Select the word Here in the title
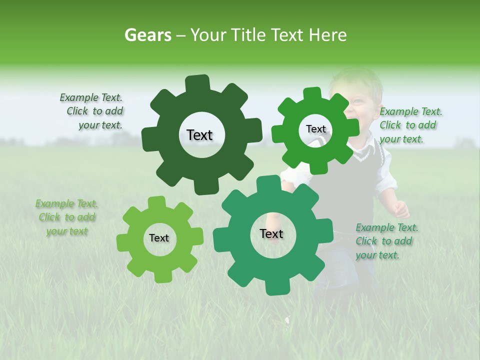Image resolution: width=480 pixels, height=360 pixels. tap(328, 35)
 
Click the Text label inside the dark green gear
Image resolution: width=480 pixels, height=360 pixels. tap(199, 135)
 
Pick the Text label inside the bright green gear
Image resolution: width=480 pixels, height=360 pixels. tap(315, 129)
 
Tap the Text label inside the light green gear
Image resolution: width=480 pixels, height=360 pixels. tap(159, 238)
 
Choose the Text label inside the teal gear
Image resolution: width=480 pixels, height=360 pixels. tap(271, 233)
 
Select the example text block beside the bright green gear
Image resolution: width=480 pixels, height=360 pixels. tap(410, 125)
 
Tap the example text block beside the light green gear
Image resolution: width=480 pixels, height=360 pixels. tap(67, 217)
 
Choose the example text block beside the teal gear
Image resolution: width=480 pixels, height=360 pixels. tap(386, 241)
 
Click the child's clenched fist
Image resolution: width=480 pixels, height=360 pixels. tap(401, 209)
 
